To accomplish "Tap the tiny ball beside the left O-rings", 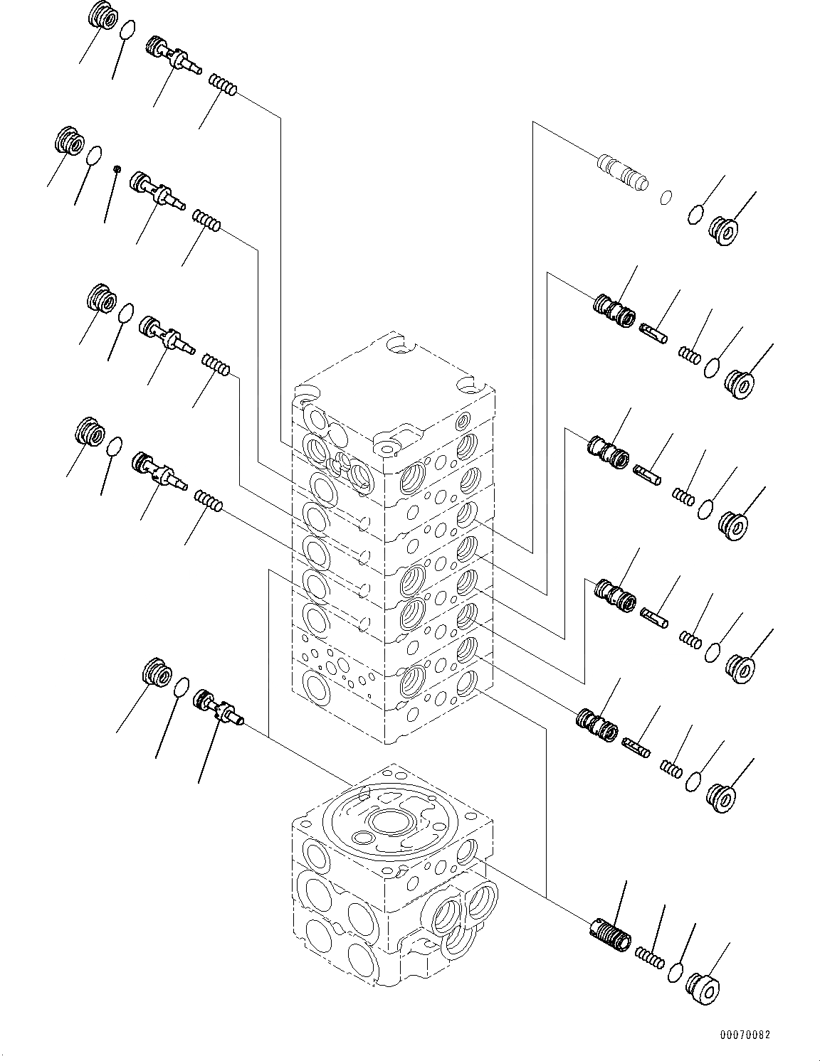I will pos(117,169).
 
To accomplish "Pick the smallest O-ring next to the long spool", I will pos(666,197).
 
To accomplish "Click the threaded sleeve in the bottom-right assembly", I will pos(611,934).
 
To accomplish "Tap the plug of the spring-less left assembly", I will pos(157,672).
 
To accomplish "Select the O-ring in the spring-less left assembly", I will pos(182,687).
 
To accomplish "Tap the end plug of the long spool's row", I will pos(723,231).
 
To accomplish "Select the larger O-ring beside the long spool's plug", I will pos(696,213).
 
